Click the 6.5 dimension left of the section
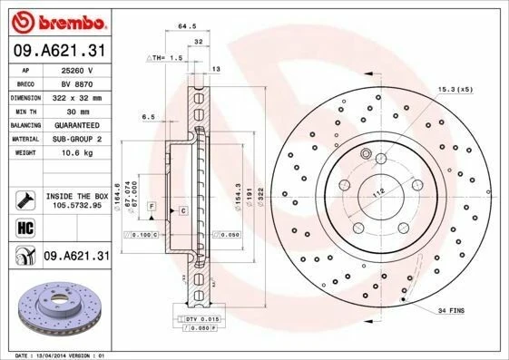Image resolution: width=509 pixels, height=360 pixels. coord(149,117)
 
